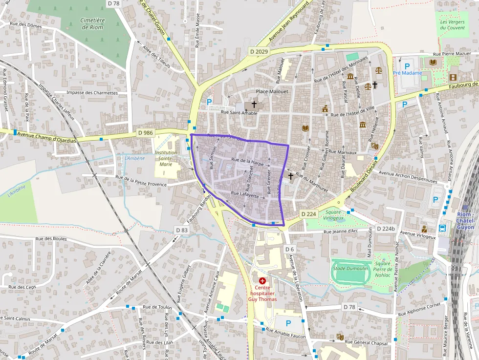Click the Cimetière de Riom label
point(93,23)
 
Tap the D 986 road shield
point(145,132)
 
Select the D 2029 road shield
point(259,51)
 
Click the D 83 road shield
point(181,230)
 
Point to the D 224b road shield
point(386,229)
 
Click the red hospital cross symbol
point(262,281)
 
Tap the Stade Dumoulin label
point(350,268)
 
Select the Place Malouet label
point(272,91)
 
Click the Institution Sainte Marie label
point(166,158)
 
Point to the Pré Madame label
point(407,73)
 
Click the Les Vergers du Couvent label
point(452,24)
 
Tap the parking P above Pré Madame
point(407,65)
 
